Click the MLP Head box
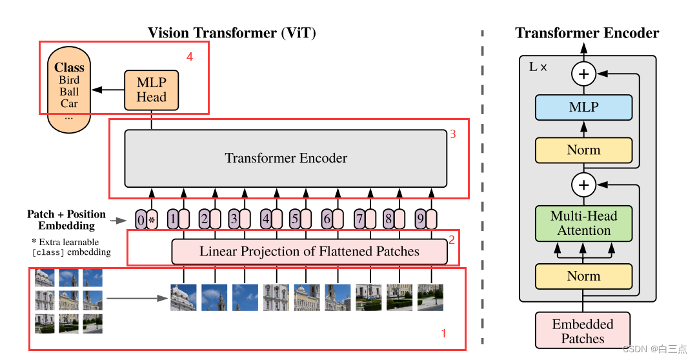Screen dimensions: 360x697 (x=151, y=90)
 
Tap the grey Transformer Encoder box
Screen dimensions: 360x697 (x=285, y=158)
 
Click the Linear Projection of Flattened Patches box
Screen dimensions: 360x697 (x=309, y=251)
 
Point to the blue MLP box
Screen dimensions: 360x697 (x=583, y=107)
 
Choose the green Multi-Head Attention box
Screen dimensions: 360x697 (x=583, y=223)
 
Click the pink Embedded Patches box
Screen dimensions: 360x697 (x=582, y=331)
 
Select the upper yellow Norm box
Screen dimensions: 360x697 (x=583, y=150)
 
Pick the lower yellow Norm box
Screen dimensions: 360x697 (x=583, y=276)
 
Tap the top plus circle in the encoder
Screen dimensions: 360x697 (x=583, y=74)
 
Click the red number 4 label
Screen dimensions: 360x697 (x=189, y=57)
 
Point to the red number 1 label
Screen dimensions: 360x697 (x=443, y=334)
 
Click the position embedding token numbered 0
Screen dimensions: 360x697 (x=141, y=219)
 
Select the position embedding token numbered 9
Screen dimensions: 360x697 (x=421, y=219)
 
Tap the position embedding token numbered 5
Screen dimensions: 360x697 (x=295, y=219)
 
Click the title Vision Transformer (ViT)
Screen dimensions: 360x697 (x=232, y=32)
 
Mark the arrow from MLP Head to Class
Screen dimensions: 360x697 (x=107, y=90)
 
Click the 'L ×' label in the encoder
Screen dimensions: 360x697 (x=538, y=66)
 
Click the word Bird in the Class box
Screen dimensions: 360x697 (x=69, y=80)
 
